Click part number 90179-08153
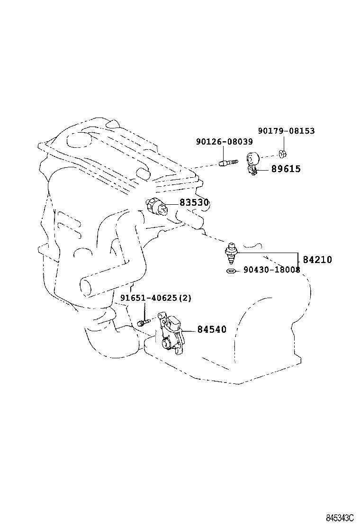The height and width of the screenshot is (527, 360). [x=286, y=131]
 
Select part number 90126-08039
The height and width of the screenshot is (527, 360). [x=224, y=142]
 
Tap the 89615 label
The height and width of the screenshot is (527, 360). [x=286, y=169]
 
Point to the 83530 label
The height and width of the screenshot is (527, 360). [x=194, y=203]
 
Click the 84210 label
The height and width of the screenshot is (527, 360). [x=317, y=260]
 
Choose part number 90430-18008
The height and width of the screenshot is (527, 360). [x=271, y=270]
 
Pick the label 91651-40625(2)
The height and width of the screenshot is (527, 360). [x=155, y=298]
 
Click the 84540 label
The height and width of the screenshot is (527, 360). [x=212, y=329]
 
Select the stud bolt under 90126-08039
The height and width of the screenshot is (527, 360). [x=227, y=164]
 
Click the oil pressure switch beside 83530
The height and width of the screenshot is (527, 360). [x=158, y=206]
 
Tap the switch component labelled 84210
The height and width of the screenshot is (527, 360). [x=231, y=252]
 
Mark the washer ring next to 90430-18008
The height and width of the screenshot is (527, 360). [x=231, y=271]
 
